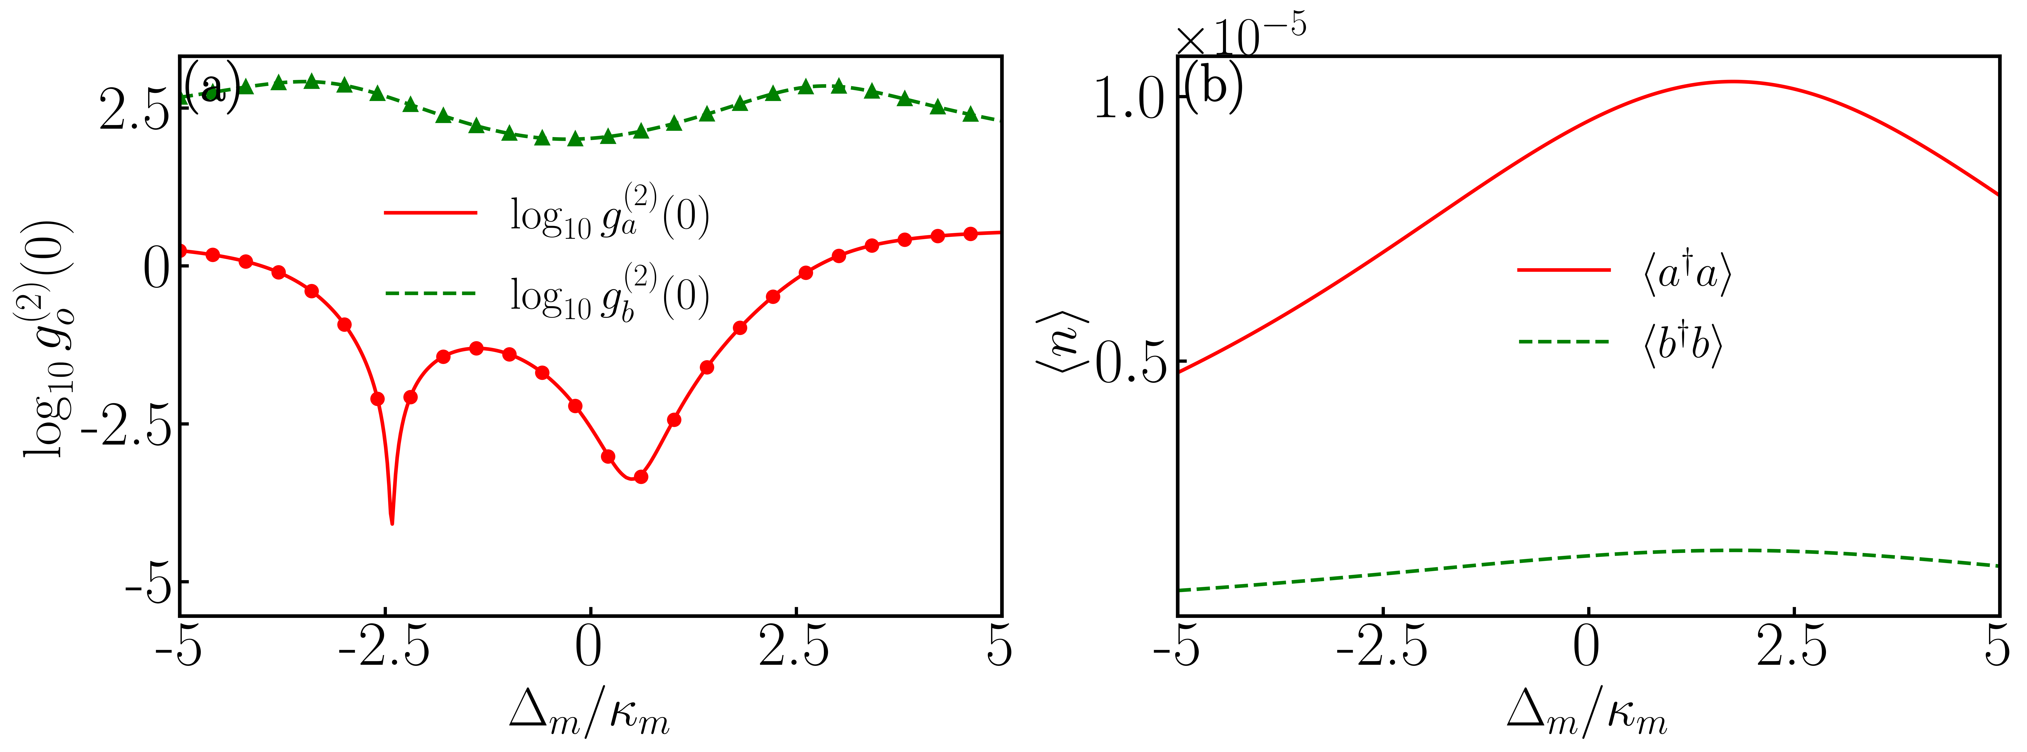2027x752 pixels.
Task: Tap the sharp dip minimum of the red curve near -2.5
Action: [392, 522]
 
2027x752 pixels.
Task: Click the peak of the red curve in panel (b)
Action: [1731, 81]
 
